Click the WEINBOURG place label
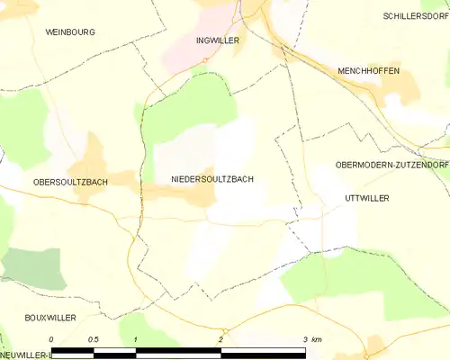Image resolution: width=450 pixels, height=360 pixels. tap(70, 31)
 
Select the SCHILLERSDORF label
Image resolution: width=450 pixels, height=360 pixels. tap(415, 16)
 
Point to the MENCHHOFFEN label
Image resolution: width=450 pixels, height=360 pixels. tap(369, 70)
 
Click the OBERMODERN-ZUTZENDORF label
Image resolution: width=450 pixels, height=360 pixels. tap(391, 165)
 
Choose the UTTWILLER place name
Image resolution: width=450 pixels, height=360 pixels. tap(366, 197)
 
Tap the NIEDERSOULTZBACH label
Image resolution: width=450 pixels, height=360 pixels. tap(211, 179)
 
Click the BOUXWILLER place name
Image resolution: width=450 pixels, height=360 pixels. tap(50, 318)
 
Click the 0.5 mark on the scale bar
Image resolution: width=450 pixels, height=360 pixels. tap(93, 338)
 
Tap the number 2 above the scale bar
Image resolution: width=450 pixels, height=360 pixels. tap(220, 338)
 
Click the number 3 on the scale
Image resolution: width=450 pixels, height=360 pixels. tap(305, 338)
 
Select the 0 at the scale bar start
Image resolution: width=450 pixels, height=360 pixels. tap(51, 338)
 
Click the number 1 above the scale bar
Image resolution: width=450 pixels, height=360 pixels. tap(135, 338)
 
